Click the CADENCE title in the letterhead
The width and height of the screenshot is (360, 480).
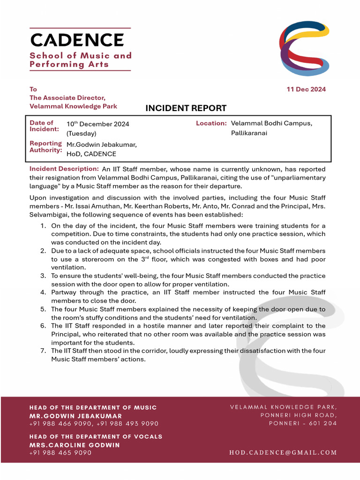pyautogui.click(x=77, y=40)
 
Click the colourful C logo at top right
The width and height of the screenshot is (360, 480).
pyautogui.click(x=304, y=48)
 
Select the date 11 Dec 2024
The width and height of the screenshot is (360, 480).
pyautogui.click(x=306, y=90)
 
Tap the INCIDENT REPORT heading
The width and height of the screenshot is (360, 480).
pyautogui.click(x=186, y=108)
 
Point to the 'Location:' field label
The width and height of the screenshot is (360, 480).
pyautogui.click(x=211, y=123)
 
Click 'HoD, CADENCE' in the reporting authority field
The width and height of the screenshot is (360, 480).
pyautogui.click(x=91, y=154)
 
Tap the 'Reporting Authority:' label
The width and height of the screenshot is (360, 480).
pyautogui.click(x=45, y=147)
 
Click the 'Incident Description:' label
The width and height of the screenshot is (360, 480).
pyautogui.click(x=64, y=169)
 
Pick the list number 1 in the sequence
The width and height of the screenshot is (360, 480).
pyautogui.click(x=43, y=226)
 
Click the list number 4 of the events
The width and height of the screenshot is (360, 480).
pyautogui.click(x=43, y=292)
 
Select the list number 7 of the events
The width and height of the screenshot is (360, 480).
pyautogui.click(x=43, y=351)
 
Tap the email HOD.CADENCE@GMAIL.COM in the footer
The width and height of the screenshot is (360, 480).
pyautogui.click(x=283, y=453)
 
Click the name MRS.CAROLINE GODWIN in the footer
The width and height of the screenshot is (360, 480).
pyautogui.click(x=75, y=445)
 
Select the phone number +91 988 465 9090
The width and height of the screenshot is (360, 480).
pyautogui.click(x=60, y=453)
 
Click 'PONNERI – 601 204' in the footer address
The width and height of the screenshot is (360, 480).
pyautogui.click(x=302, y=423)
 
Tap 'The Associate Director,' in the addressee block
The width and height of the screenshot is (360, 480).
pyautogui.click(x=67, y=98)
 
